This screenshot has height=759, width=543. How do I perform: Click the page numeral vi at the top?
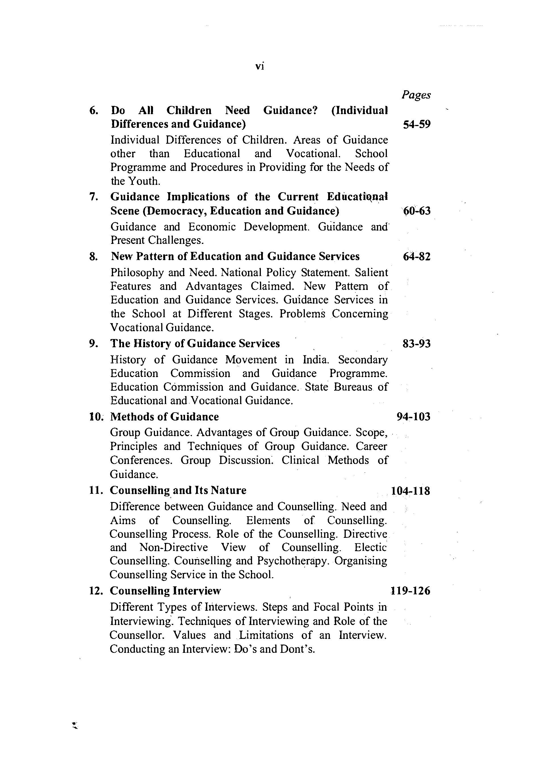[259, 66]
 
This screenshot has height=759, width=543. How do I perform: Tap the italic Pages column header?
[416, 95]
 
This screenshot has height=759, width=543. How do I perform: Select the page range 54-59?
[417, 124]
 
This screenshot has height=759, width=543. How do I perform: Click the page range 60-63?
[417, 211]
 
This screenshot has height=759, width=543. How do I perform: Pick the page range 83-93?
[417, 344]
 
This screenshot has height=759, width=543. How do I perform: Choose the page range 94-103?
[413, 417]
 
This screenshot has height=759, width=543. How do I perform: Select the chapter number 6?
[94, 110]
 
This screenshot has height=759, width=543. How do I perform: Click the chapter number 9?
[94, 344]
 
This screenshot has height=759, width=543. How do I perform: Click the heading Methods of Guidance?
[165, 417]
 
